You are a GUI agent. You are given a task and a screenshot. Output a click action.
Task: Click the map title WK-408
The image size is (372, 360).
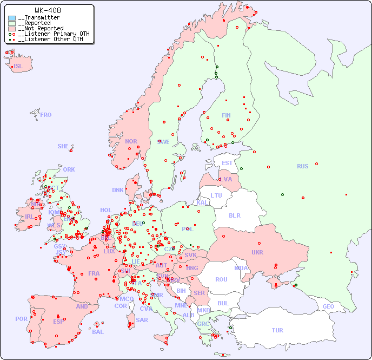[x=48, y=10]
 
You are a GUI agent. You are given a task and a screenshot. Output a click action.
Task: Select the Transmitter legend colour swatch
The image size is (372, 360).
[x=12, y=18]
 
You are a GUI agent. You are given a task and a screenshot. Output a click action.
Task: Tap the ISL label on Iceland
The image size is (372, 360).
[x=18, y=67]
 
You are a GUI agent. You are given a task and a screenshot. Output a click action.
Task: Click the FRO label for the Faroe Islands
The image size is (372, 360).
[x=46, y=115]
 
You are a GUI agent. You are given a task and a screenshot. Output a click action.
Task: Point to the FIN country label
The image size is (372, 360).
[x=226, y=115]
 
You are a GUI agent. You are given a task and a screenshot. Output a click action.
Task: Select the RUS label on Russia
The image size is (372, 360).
[x=302, y=166]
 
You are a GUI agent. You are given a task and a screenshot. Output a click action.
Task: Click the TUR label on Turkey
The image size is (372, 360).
[x=277, y=330]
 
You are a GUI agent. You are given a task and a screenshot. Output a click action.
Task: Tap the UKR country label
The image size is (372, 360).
[x=257, y=252]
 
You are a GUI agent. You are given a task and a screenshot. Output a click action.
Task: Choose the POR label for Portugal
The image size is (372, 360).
[x=21, y=319]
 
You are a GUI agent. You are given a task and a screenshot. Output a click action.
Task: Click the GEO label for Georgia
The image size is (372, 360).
[x=328, y=306]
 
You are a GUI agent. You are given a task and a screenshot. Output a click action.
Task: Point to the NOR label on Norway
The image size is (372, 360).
[x=131, y=141]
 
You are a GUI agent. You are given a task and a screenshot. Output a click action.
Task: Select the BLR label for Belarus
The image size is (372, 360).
[x=235, y=215]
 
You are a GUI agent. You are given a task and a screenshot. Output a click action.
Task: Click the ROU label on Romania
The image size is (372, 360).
[x=221, y=279]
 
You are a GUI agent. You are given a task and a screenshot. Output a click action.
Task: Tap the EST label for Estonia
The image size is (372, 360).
[x=228, y=163]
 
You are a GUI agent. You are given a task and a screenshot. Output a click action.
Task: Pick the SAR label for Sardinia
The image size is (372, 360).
[x=142, y=320]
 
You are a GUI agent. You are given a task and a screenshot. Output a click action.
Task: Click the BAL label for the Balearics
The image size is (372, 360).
[x=98, y=332]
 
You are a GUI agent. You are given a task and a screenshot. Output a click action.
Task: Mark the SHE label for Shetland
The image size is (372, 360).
[x=63, y=146]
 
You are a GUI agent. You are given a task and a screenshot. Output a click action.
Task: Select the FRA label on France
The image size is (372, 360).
[x=94, y=273]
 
